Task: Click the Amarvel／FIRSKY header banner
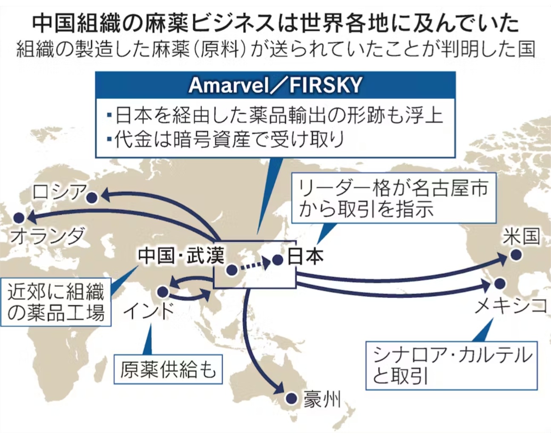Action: pos(275,85)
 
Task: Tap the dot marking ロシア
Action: pos(92,198)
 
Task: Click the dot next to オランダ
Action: pos(19,218)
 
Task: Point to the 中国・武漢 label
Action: pos(181,256)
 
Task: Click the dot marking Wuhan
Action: pos(232,270)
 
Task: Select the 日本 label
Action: pos(305,256)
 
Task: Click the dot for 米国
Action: pos(516,255)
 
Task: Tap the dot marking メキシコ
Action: pos(500,284)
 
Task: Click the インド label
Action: pos(149,311)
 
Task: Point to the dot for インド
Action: pos(163,292)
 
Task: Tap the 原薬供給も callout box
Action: pos(168,369)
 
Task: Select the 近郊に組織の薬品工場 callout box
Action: pos(56,302)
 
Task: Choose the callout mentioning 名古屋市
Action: pos(394,198)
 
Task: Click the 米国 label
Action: pos(521,236)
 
